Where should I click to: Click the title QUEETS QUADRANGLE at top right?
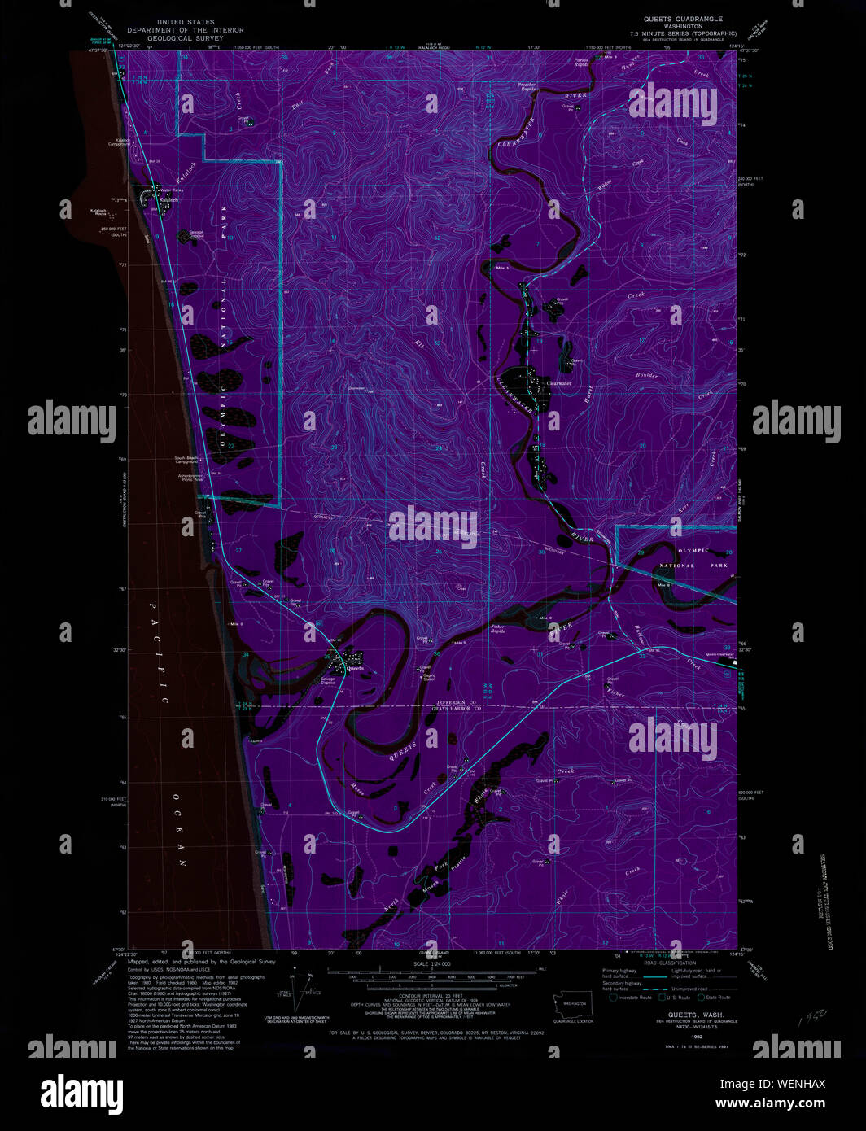(x=683, y=19)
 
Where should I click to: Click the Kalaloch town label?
(x=169, y=199)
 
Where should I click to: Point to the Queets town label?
(x=356, y=669)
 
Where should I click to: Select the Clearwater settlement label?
(x=559, y=383)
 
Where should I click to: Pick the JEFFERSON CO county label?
(x=456, y=702)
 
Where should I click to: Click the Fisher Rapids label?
(x=498, y=629)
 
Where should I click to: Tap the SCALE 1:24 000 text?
(x=431, y=963)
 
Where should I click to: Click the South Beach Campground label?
(x=186, y=460)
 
